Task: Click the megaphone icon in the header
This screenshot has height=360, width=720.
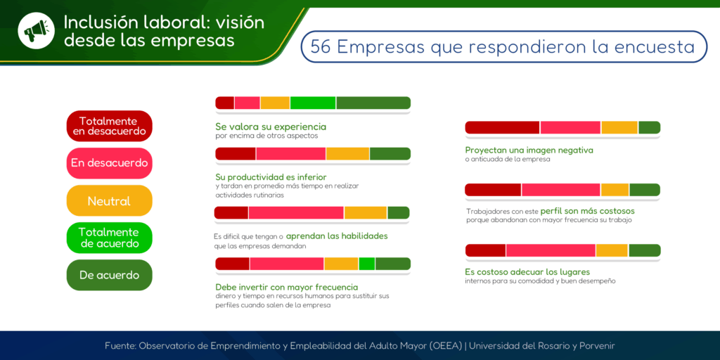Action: pyautogui.click(x=37, y=31)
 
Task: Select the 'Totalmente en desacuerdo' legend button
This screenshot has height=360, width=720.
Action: pyautogui.click(x=109, y=126)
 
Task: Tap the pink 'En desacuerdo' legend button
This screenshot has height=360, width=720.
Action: pyautogui.click(x=109, y=163)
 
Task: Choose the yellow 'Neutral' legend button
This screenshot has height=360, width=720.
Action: pyautogui.click(x=109, y=201)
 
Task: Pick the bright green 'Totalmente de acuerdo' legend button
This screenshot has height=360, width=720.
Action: pyautogui.click(x=109, y=238)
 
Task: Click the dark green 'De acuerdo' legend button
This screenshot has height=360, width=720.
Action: pyautogui.click(x=109, y=275)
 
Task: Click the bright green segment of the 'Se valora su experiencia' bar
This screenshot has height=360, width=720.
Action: pyautogui.click(x=313, y=103)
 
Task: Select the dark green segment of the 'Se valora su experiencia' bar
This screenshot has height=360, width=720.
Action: pyautogui.click(x=373, y=103)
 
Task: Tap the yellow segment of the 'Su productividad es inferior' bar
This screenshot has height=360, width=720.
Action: pyautogui.click(x=347, y=153)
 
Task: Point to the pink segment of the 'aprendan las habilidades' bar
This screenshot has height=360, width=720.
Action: pyautogui.click(x=296, y=212)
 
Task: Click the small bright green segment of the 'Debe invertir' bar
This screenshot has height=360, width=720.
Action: pyautogui.click(x=367, y=264)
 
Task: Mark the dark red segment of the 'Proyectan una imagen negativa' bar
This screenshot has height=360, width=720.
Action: pyautogui.click(x=502, y=127)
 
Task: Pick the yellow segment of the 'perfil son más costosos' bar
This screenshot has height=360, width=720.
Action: pyautogui.click(x=615, y=190)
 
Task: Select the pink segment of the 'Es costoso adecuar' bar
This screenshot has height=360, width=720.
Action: pyautogui.click(x=551, y=250)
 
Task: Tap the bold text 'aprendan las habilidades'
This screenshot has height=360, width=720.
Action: pyautogui.click(x=337, y=236)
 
